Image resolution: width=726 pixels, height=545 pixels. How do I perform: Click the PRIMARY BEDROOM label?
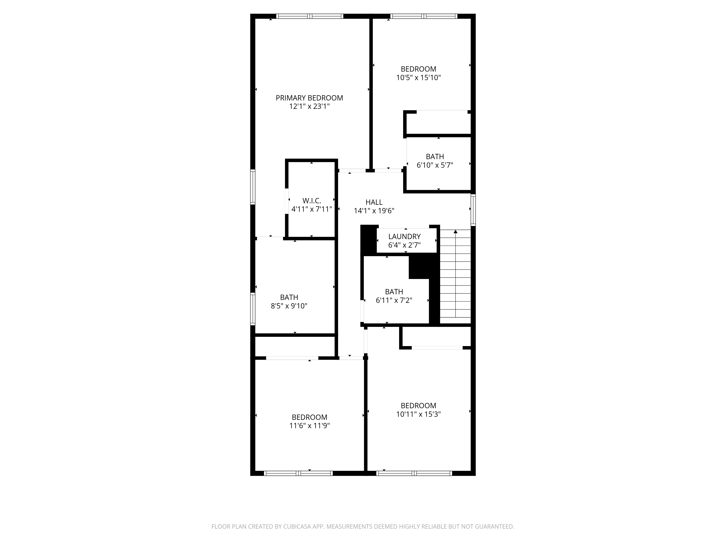click(x=309, y=98)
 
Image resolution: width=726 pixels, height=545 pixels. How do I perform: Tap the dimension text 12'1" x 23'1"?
click(x=309, y=106)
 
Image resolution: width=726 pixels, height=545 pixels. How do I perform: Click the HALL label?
click(x=374, y=202)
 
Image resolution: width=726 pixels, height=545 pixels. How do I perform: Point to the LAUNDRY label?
click(x=404, y=237)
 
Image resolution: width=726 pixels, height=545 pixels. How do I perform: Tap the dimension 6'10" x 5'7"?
click(x=435, y=165)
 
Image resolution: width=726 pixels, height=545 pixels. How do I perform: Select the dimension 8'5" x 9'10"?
click(x=289, y=306)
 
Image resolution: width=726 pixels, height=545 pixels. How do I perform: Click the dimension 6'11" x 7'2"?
click(x=394, y=300)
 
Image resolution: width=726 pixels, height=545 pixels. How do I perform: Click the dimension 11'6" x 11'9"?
click(x=309, y=426)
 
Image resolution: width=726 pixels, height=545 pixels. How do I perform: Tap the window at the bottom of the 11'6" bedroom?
click(x=298, y=473)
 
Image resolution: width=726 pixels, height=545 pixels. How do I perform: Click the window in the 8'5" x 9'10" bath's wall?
click(x=253, y=309)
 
